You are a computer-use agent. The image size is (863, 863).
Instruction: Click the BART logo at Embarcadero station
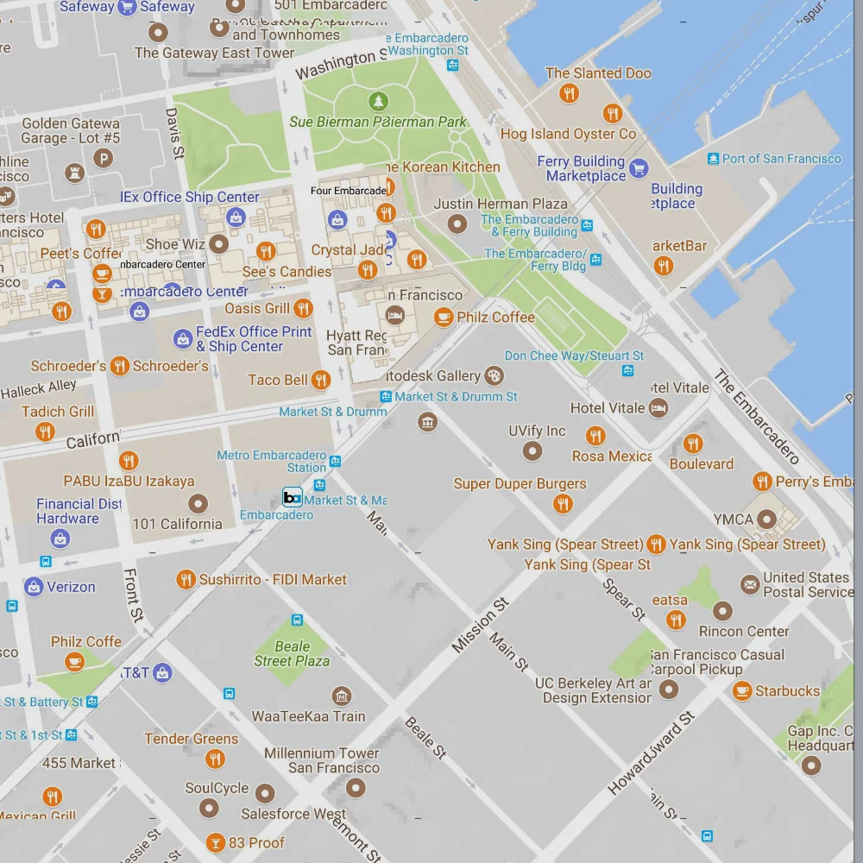click(x=293, y=497)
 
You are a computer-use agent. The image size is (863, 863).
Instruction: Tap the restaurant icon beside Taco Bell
click(x=321, y=380)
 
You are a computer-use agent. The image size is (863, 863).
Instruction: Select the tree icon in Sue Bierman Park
click(x=378, y=102)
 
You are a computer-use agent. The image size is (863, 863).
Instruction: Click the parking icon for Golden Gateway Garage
click(x=104, y=158)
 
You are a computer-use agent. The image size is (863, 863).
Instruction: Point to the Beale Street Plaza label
click(x=292, y=653)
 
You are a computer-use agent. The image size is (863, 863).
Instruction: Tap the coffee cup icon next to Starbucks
click(x=741, y=690)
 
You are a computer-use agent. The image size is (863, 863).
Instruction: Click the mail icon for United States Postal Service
click(x=749, y=585)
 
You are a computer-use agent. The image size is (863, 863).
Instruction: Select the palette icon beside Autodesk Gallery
click(x=494, y=375)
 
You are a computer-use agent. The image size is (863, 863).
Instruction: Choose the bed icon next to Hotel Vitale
click(x=658, y=407)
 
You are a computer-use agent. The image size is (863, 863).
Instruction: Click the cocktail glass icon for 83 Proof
click(x=215, y=842)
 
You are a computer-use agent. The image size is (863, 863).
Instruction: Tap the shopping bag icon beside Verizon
click(x=34, y=587)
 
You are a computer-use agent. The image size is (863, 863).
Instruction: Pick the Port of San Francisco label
click(x=781, y=159)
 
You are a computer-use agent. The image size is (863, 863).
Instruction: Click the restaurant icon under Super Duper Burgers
click(x=563, y=504)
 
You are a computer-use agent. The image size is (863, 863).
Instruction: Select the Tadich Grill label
click(x=58, y=412)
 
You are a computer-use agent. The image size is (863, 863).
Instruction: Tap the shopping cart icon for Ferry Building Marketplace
click(x=639, y=168)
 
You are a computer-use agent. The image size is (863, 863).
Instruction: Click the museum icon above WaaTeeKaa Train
click(x=342, y=696)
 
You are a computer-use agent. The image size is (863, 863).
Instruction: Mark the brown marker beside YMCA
click(x=767, y=520)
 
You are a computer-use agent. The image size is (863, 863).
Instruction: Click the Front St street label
click(x=133, y=595)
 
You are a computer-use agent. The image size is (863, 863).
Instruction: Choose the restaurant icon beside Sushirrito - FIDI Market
click(x=186, y=580)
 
